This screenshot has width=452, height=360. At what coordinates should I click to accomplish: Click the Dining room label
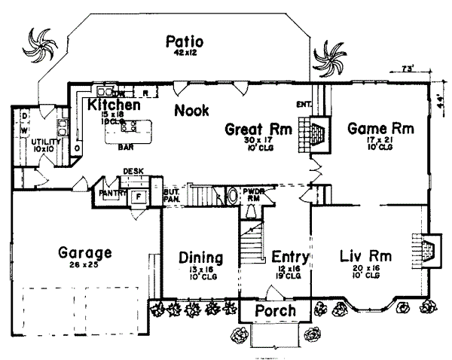200,257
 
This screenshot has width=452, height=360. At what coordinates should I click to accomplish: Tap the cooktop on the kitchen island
129,127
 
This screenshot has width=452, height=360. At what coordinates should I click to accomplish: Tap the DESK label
133,172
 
